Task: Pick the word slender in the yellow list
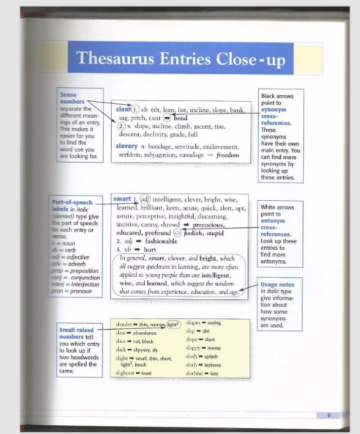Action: point(124,324)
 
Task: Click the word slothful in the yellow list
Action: point(196,373)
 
